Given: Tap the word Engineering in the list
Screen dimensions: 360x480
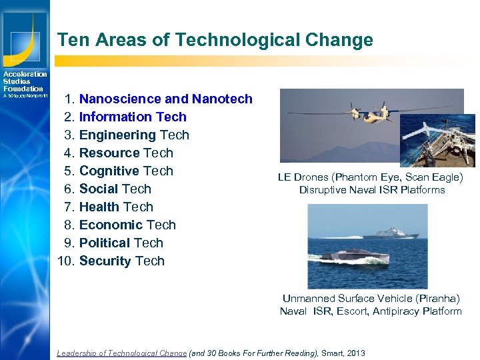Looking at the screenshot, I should (x=117, y=135).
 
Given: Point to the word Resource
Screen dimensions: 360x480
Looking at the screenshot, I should (x=109, y=153).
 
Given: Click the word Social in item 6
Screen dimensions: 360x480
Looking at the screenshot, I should (x=99, y=189).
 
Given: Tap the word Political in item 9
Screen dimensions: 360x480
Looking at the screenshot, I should (x=105, y=243).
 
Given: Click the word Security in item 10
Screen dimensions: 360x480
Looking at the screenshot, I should (x=105, y=261).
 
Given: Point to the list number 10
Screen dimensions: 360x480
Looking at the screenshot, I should (x=66, y=261).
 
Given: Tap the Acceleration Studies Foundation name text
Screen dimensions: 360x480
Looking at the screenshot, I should (x=24, y=81).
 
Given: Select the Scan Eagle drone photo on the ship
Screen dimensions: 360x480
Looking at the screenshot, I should (x=437, y=141).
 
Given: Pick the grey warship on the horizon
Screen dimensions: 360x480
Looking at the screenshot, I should (x=391, y=233).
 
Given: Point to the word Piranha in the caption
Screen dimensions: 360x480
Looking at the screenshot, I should (x=435, y=299).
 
